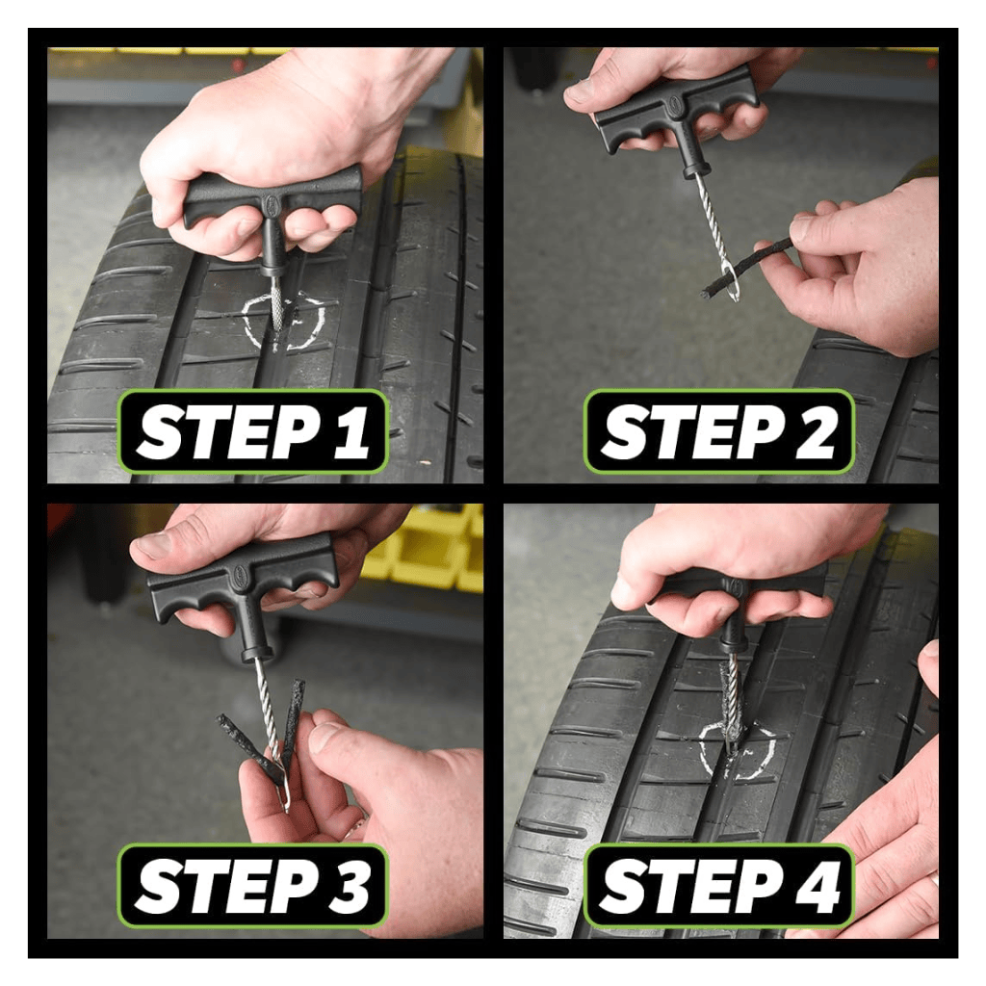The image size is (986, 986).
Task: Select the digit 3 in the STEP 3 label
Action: pyautogui.click(x=350, y=888)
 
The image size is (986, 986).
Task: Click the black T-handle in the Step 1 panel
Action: pyautogui.click(x=272, y=197)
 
